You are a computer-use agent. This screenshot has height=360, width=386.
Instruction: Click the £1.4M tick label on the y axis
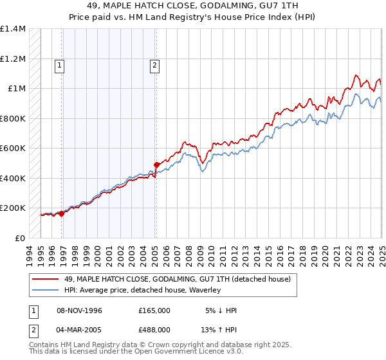(13, 29)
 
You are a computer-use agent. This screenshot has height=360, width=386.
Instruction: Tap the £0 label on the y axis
(20, 238)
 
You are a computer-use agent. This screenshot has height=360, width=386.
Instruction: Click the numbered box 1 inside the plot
(59, 65)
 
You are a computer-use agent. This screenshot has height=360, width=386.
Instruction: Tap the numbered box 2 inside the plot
(156, 65)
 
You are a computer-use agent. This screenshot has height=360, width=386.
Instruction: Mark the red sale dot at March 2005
(156, 165)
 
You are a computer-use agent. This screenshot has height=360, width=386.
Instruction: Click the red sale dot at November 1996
(62, 214)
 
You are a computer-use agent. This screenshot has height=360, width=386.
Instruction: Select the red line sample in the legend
(45, 279)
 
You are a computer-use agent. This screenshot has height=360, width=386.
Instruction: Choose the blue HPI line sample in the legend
(45, 290)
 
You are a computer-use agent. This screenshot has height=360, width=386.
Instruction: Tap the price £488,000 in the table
(154, 331)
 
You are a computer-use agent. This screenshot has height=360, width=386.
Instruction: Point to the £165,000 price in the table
(154, 310)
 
